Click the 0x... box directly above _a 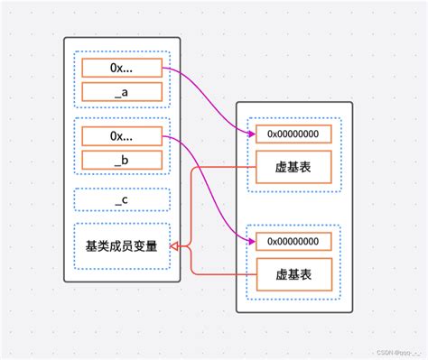(122, 68)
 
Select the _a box (122, 91)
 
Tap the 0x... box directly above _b (122, 136)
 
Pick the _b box (122, 160)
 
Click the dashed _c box (122, 199)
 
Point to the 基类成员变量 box (122, 246)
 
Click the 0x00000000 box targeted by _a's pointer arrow (293, 134)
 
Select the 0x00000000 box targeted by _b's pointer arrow (293, 241)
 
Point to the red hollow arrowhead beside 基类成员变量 (176, 246)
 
